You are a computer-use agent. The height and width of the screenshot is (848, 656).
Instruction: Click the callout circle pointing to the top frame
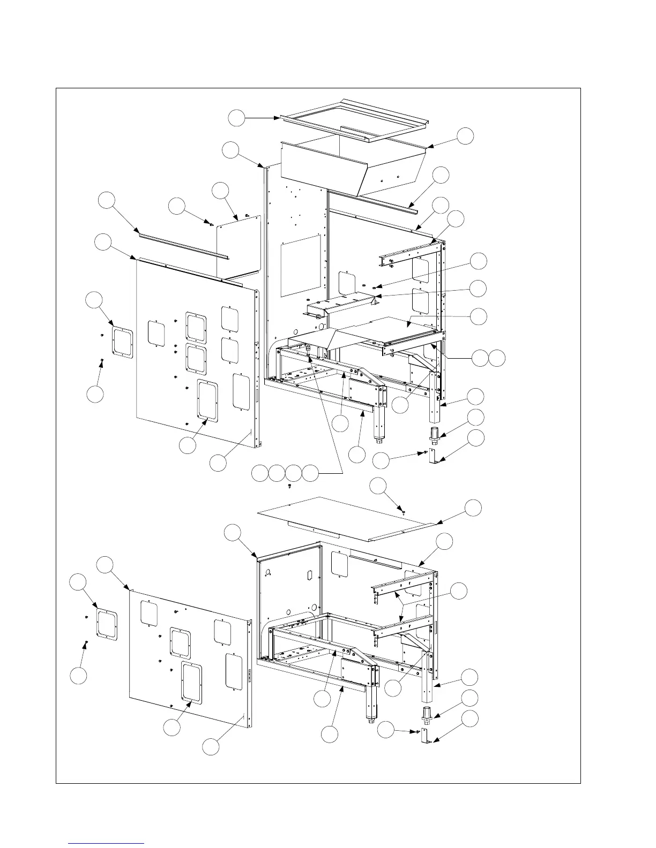236,118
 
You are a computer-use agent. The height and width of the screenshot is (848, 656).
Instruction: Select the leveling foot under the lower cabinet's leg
427,714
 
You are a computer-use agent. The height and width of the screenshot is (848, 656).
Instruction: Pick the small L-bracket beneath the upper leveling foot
435,456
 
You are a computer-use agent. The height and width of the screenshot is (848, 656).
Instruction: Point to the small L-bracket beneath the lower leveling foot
427,736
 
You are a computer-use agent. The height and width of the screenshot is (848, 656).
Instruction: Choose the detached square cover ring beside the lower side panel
106,623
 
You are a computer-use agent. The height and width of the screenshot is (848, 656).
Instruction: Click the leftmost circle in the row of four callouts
260,473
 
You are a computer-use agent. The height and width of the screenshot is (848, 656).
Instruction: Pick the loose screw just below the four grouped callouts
289,486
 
